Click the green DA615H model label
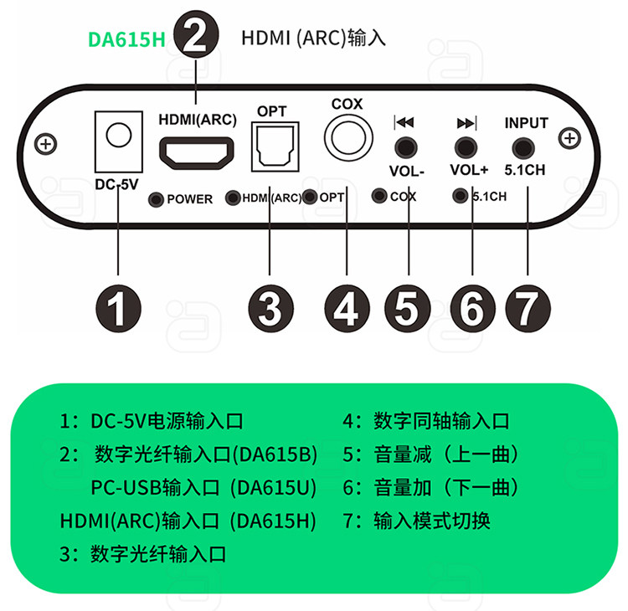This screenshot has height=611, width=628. click(x=126, y=39)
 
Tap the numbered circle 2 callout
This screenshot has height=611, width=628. click(x=196, y=34)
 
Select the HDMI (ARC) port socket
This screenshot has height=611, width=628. click(x=197, y=153)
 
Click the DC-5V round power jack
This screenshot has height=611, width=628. click(x=119, y=135)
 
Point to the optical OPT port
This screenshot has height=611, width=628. click(x=275, y=146)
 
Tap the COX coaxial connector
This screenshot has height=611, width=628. click(x=348, y=138)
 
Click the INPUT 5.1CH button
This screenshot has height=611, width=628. click(x=523, y=148)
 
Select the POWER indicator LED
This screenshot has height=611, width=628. click(x=156, y=199)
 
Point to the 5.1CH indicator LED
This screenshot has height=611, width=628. click(x=460, y=196)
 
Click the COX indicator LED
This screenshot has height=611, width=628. click(x=378, y=195)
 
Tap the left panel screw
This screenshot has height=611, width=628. click(x=46, y=144)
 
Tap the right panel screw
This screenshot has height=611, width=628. click(x=569, y=138)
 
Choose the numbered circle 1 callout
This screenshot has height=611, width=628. click(x=118, y=309)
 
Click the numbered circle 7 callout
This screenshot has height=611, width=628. click(x=528, y=309)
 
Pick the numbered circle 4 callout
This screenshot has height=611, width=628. click(x=347, y=309)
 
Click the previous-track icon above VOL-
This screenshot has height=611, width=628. click(x=404, y=122)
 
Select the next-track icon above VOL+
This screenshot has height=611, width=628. click(x=466, y=123)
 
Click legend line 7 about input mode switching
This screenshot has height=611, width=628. click(x=416, y=521)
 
